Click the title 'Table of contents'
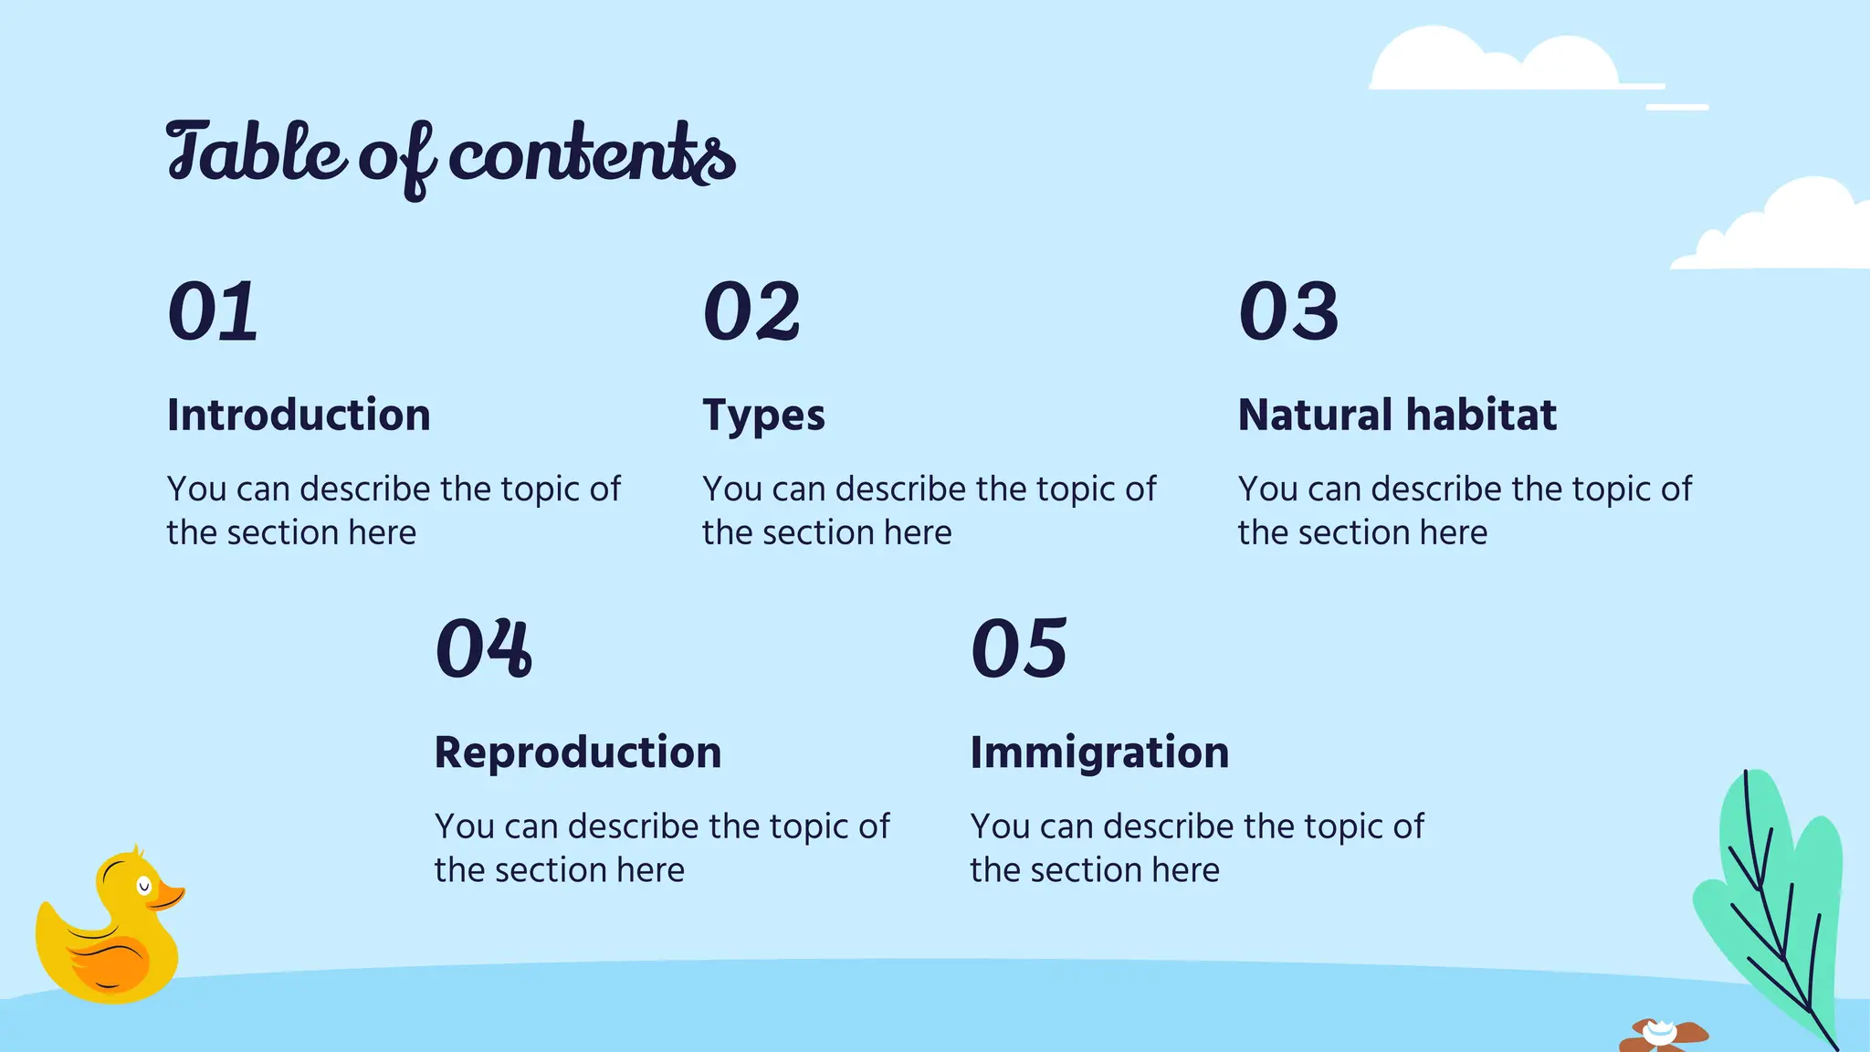[450, 155]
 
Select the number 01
[213, 312]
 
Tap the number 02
[751, 312]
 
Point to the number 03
[1288, 312]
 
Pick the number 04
[483, 648]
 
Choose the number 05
[1019, 648]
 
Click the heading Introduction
[299, 416]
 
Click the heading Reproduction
[578, 752]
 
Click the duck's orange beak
[168, 895]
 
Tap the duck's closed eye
[143, 885]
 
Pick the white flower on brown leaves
[1660, 1034]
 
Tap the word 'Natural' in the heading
[1315, 416]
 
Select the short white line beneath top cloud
[1676, 108]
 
